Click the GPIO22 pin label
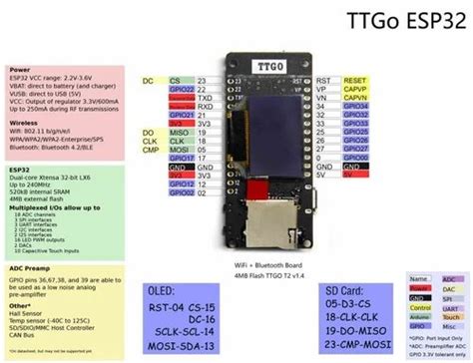179,88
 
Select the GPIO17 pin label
179,158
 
